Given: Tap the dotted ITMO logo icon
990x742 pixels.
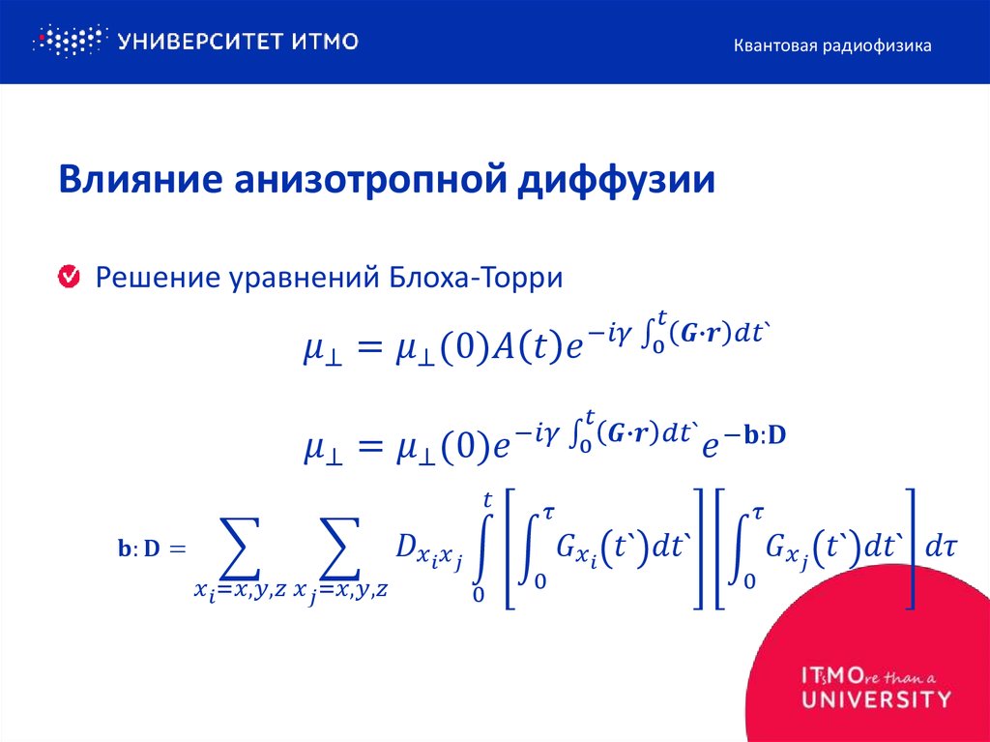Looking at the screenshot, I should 68,41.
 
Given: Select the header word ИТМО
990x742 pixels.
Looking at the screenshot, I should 325,41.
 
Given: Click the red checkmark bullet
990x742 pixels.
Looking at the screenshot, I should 70,278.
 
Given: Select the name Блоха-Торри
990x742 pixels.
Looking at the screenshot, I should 476,279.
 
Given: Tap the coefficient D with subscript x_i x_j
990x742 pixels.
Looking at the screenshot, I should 428,553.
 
